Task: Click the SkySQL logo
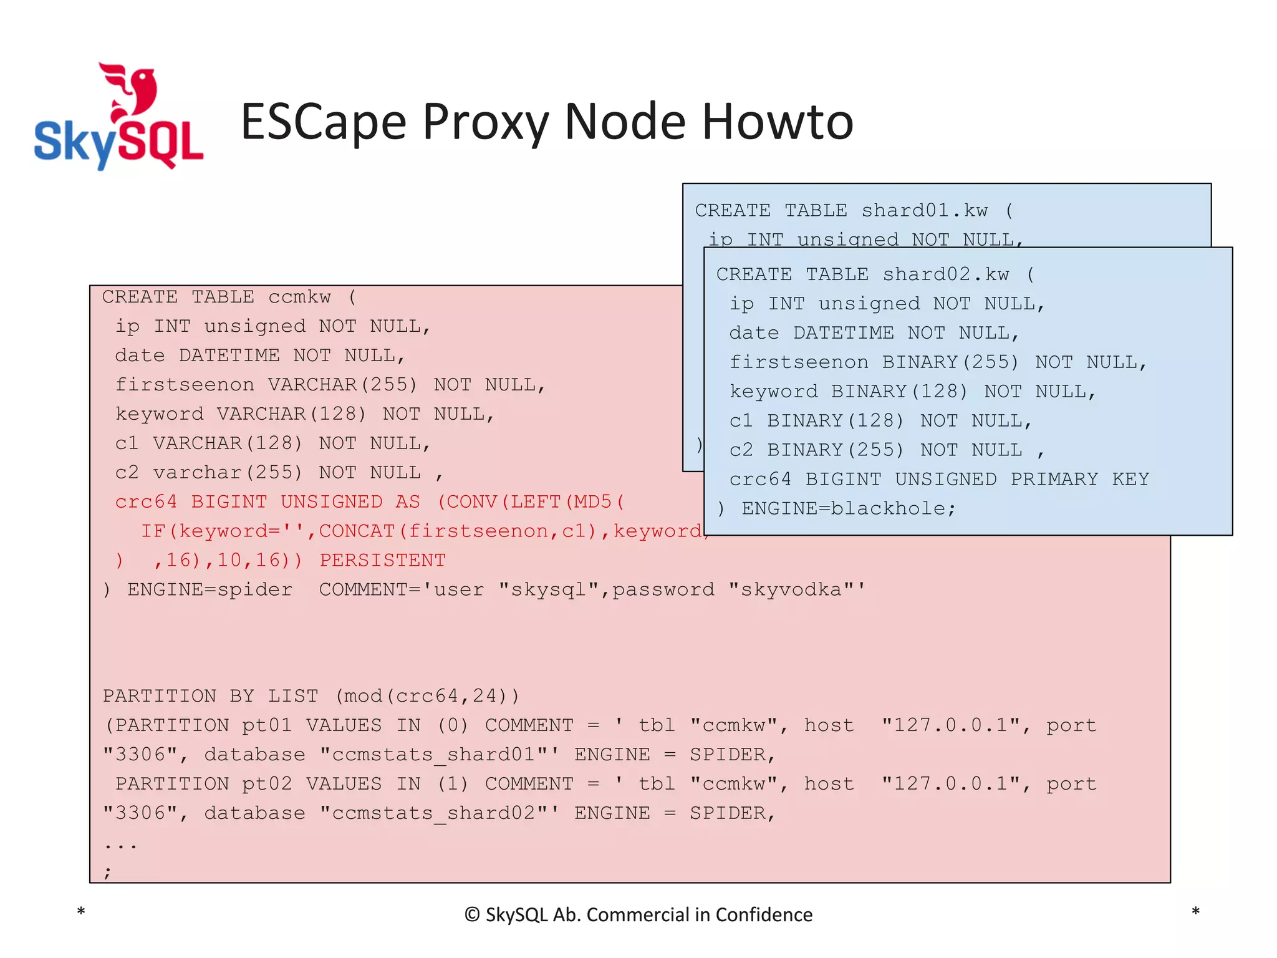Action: pyautogui.click(x=118, y=117)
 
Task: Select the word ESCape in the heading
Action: pyautogui.click(x=324, y=122)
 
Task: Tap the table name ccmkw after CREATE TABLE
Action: pyautogui.click(x=299, y=297)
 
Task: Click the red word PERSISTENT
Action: pyautogui.click(x=382, y=560)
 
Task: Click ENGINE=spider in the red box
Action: pyautogui.click(x=210, y=589)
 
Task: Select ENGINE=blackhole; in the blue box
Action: pyautogui.click(x=848, y=508)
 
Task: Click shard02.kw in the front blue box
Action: pyautogui.click(x=945, y=274)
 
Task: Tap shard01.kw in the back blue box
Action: pyautogui.click(x=924, y=211)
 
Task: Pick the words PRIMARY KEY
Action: pyautogui.click(x=1079, y=479)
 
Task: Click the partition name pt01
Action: pyautogui.click(x=266, y=725)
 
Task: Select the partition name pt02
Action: pyautogui.click(x=266, y=784)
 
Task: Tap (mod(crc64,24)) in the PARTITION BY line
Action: pyautogui.click(x=427, y=696)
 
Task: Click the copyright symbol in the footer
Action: pyautogui.click(x=472, y=915)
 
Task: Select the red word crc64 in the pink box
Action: pyautogui.click(x=146, y=502)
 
